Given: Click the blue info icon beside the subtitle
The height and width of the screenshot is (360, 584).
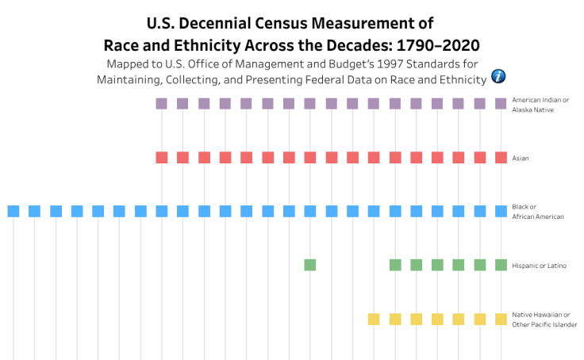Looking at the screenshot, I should point(499,76).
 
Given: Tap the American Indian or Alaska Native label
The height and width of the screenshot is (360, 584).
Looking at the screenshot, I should point(540,104).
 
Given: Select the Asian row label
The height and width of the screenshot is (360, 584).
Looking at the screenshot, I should point(521,158).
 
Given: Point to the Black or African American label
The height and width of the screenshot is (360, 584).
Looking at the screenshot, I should point(538,211).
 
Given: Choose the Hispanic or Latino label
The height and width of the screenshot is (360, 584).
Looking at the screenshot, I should point(539,265).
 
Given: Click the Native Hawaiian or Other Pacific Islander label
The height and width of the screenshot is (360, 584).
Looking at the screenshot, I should point(544,319).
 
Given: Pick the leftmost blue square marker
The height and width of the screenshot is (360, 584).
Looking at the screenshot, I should point(13,211).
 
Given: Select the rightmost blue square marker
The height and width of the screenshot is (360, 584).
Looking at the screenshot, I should point(501,211).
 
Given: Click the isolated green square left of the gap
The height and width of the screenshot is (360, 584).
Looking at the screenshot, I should point(310,265).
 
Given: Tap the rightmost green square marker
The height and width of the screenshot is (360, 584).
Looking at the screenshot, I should point(501,265).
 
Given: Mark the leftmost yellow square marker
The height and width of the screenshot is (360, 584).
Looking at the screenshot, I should point(374,319).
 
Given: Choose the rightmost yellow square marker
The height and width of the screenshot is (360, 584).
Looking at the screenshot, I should point(501,319).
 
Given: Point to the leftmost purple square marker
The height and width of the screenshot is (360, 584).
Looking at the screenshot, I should point(162,103).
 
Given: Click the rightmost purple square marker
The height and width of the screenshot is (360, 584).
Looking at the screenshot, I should point(501,103).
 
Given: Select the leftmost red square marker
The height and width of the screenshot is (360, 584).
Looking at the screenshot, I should point(162,157).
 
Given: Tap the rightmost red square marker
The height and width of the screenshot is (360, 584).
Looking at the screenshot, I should point(501,157).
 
